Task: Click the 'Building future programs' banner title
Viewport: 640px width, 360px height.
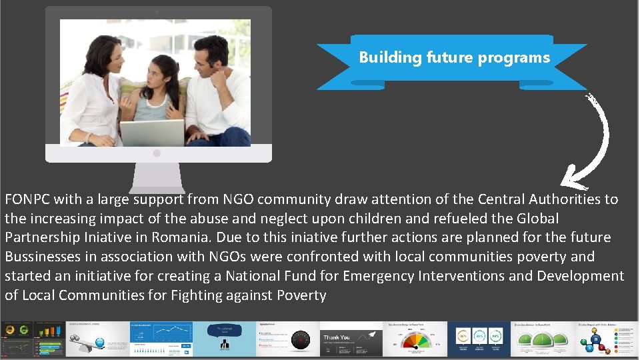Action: (454, 57)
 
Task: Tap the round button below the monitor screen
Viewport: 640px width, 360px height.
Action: (157, 153)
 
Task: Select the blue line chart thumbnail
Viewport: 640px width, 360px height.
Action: (161, 339)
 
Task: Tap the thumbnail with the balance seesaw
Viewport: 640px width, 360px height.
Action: (97, 339)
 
